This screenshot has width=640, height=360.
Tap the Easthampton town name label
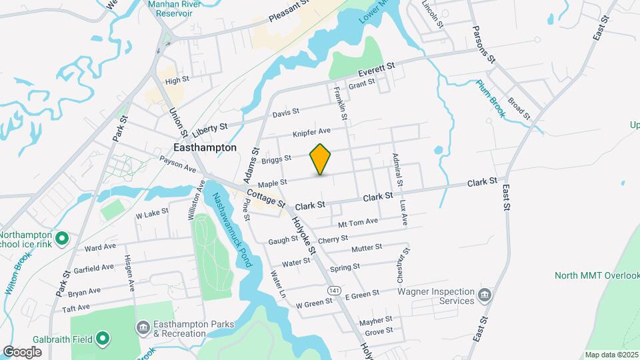pyautogui.click(x=205, y=147)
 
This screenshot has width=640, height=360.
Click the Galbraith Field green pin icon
pyautogui.click(x=102, y=339)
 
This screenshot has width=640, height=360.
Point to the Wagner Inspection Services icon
pyautogui.click(x=485, y=295)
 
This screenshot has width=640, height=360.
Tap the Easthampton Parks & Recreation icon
pyautogui.click(x=143, y=327)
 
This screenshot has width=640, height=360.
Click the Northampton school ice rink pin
pyautogui.click(x=61, y=238)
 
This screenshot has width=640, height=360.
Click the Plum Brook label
pyautogui.click(x=491, y=99)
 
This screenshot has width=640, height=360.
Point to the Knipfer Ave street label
pyautogui.click(x=312, y=133)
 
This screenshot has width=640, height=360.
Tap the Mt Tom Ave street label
pyautogui.click(x=358, y=222)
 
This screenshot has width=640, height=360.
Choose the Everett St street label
pyautogui.click(x=377, y=69)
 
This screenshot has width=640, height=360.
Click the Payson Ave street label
pyautogui.click(x=177, y=165)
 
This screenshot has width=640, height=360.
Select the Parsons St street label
pyautogui.click(x=483, y=45)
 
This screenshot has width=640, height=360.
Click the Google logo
pyautogui.click(x=22, y=351)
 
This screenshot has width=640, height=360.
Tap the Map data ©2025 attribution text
pyautogui.click(x=611, y=355)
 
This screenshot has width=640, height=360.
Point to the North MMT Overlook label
pyautogui.click(x=596, y=275)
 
